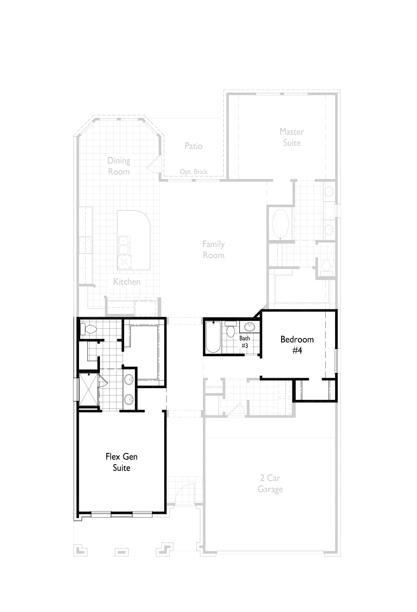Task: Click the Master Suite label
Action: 292,137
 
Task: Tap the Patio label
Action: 193,146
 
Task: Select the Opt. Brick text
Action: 193,172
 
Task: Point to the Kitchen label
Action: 127,282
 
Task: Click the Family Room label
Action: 213,250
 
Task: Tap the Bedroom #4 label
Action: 297,345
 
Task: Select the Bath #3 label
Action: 244,342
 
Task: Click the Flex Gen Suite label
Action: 122,462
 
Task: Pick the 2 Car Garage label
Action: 270,483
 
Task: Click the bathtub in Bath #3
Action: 213,337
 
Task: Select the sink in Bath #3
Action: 249,327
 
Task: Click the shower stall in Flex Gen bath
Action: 89,389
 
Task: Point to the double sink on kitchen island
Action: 124,245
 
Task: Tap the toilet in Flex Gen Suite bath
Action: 89,329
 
